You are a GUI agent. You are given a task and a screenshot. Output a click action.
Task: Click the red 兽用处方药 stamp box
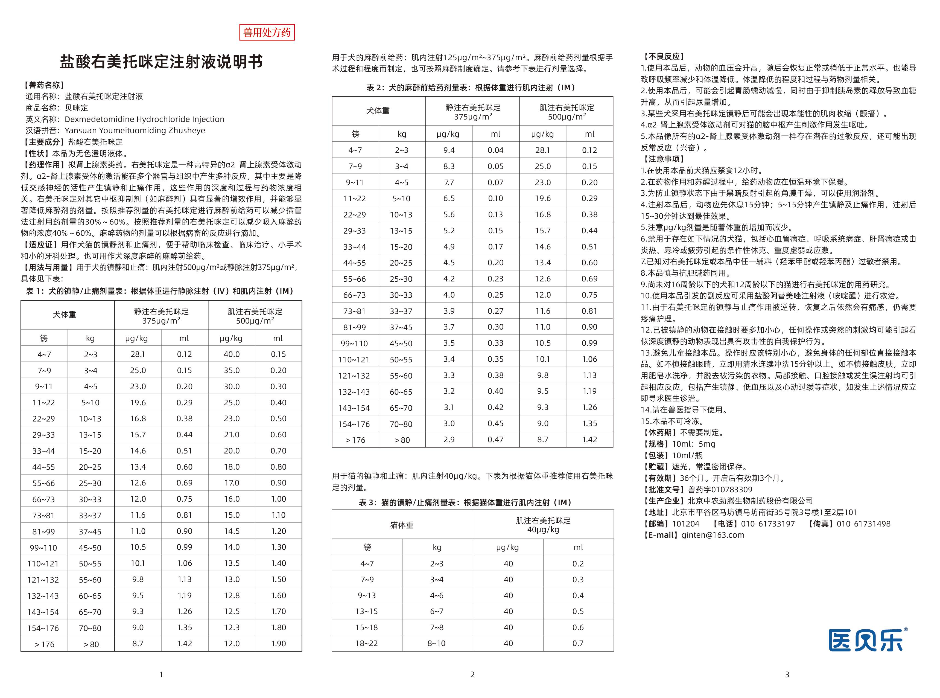click(x=267, y=33)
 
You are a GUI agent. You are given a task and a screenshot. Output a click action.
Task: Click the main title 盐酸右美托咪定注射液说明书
click(x=161, y=62)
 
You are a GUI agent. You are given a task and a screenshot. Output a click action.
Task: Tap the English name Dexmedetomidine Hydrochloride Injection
click(x=144, y=119)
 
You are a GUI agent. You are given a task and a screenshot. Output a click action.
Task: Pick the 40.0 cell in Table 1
click(x=231, y=354)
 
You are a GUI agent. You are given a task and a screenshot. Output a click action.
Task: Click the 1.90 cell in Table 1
click(x=278, y=644)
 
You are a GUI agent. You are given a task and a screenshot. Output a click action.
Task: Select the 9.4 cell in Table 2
click(x=449, y=150)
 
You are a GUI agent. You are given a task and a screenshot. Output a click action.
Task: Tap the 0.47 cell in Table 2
click(x=495, y=440)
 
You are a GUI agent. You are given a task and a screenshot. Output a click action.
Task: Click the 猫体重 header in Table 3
click(x=402, y=525)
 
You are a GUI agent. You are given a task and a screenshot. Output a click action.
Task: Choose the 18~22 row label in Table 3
click(x=367, y=643)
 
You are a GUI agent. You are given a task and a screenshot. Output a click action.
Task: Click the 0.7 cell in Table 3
click(x=578, y=643)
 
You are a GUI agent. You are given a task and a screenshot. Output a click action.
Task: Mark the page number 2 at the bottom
click(x=472, y=674)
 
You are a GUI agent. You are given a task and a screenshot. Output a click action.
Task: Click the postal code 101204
click(x=685, y=523)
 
